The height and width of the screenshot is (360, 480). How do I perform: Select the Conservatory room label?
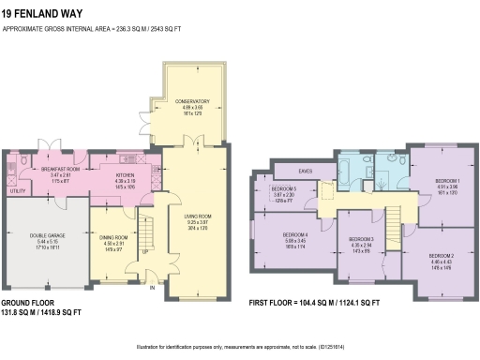click(x=191, y=100)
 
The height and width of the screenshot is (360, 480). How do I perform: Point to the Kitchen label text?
click(x=127, y=174)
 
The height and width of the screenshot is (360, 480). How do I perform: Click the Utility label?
click(x=17, y=190)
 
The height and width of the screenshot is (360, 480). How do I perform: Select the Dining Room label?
click(x=113, y=237)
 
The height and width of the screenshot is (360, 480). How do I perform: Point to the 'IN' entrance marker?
click(x=152, y=288)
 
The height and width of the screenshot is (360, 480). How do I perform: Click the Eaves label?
click(x=305, y=171)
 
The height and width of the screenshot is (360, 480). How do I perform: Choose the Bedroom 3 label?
click(x=362, y=239)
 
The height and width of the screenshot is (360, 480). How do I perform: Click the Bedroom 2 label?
click(x=441, y=256)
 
